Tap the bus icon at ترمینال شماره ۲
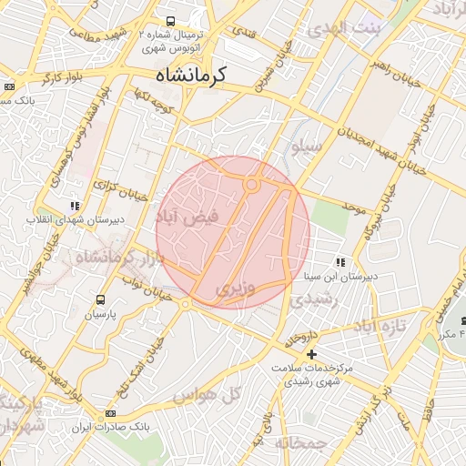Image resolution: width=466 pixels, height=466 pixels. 170,21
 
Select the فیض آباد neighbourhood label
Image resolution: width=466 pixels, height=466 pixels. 188,218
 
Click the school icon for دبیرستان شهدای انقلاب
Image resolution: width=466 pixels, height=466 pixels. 74,207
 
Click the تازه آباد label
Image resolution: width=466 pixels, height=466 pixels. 377,325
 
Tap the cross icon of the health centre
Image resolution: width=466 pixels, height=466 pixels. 312,353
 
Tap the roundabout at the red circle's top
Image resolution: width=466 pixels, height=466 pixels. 252,185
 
